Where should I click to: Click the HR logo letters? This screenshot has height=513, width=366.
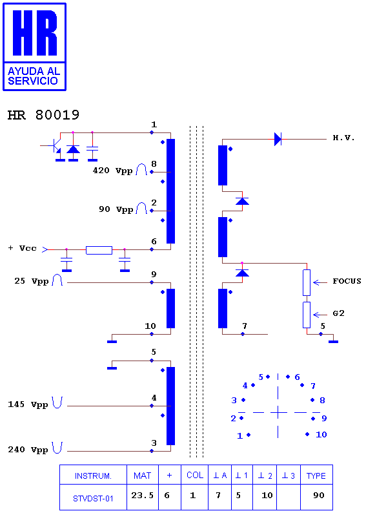click(x=35, y=32)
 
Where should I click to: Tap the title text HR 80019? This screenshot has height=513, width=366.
click(x=43, y=115)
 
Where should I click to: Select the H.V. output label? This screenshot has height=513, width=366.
click(x=344, y=138)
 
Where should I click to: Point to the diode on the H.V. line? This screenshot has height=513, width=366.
click(x=278, y=139)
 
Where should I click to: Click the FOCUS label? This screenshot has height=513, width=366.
click(x=347, y=281)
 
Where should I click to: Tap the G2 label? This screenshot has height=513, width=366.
click(x=338, y=313)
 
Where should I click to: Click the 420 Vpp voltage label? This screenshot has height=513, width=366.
click(x=113, y=171)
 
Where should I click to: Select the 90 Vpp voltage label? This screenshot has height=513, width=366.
click(x=116, y=209)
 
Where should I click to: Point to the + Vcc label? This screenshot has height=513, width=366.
click(x=22, y=248)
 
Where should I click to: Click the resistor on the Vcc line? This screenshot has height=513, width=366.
click(x=99, y=250)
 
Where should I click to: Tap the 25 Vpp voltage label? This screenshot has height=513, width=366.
click(x=32, y=281)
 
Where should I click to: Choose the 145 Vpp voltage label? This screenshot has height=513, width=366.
click(x=28, y=404)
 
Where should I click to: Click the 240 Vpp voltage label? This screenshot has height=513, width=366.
click(x=28, y=450)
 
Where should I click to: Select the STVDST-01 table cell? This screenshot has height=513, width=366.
click(x=93, y=499)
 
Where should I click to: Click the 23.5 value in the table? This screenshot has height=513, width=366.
click(x=143, y=496)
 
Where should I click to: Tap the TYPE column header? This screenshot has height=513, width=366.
click(x=316, y=476)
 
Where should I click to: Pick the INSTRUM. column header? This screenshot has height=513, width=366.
click(x=93, y=476)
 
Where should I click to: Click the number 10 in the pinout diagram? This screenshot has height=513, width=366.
click(x=321, y=434)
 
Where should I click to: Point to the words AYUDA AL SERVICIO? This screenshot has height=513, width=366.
click(x=34, y=76)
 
